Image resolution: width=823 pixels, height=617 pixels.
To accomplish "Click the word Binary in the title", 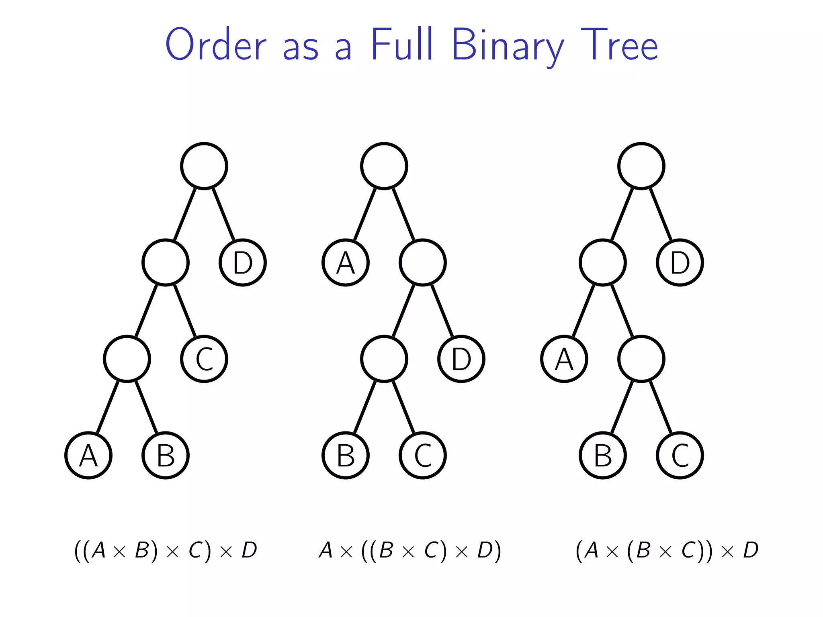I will pos(508,45).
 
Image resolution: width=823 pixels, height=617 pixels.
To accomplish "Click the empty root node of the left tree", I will pos(204,166).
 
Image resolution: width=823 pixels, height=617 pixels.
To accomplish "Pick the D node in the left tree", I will pos(243,262).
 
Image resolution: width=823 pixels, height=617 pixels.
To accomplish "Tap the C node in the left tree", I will pos(204,359).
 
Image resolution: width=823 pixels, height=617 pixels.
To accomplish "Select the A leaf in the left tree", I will pos(88,455).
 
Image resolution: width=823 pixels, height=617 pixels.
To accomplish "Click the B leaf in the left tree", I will pos(166,455).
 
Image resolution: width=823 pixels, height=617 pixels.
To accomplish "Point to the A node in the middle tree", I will pos(346,262).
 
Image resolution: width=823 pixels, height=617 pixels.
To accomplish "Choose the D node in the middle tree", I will pos(461,359).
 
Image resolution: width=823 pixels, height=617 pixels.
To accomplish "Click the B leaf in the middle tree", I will pos(346,455).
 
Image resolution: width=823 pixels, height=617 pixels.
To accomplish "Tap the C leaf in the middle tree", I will pos(423,455).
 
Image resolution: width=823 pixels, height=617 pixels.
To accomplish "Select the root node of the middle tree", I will pos(384,166).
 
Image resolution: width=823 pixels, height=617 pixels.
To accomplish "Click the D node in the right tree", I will pos(680,262).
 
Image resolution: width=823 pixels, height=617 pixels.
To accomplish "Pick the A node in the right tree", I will pos(564,359).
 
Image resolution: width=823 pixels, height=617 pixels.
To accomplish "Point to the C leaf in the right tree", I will pos(680,455).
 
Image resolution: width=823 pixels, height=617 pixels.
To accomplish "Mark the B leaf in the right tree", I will pos(603,455).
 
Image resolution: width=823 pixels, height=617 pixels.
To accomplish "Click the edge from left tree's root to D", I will pos(223,214).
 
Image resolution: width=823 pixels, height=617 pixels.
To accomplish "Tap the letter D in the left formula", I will pos(249,550).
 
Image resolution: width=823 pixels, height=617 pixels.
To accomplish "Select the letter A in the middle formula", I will pos(326,550).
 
